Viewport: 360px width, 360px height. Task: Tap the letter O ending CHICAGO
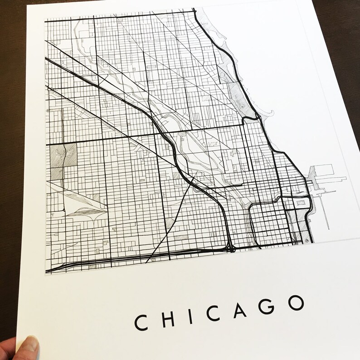295,302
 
